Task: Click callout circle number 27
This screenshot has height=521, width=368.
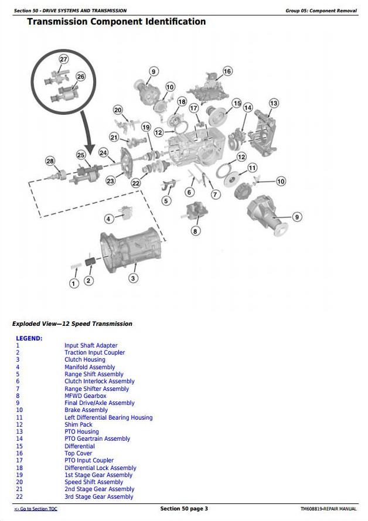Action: click(63, 59)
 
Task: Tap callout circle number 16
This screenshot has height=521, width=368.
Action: click(227, 71)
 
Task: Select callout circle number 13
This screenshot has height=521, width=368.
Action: click(274, 103)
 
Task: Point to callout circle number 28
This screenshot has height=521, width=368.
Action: click(50, 161)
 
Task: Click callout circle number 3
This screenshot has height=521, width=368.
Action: click(134, 278)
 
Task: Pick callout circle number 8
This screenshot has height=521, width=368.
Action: click(196, 231)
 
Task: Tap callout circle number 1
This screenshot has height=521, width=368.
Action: click(74, 283)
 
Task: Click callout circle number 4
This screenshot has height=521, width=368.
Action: click(108, 219)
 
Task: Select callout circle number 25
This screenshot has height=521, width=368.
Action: click(81, 154)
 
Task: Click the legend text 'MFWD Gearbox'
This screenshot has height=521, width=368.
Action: click(86, 396)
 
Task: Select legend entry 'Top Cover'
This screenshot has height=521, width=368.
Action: click(78, 454)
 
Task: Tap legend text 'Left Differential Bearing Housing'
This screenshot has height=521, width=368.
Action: click(108, 418)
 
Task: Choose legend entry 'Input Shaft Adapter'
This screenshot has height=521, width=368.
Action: click(91, 346)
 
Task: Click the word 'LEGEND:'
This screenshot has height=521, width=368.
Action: click(29, 338)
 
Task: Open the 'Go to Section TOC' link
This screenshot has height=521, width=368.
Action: click(36, 509)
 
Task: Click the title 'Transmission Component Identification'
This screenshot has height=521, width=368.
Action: click(117, 22)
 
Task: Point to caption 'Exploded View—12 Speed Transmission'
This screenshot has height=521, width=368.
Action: click(72, 324)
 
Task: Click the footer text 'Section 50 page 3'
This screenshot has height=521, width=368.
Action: click(184, 509)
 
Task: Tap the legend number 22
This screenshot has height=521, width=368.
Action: click(19, 497)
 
